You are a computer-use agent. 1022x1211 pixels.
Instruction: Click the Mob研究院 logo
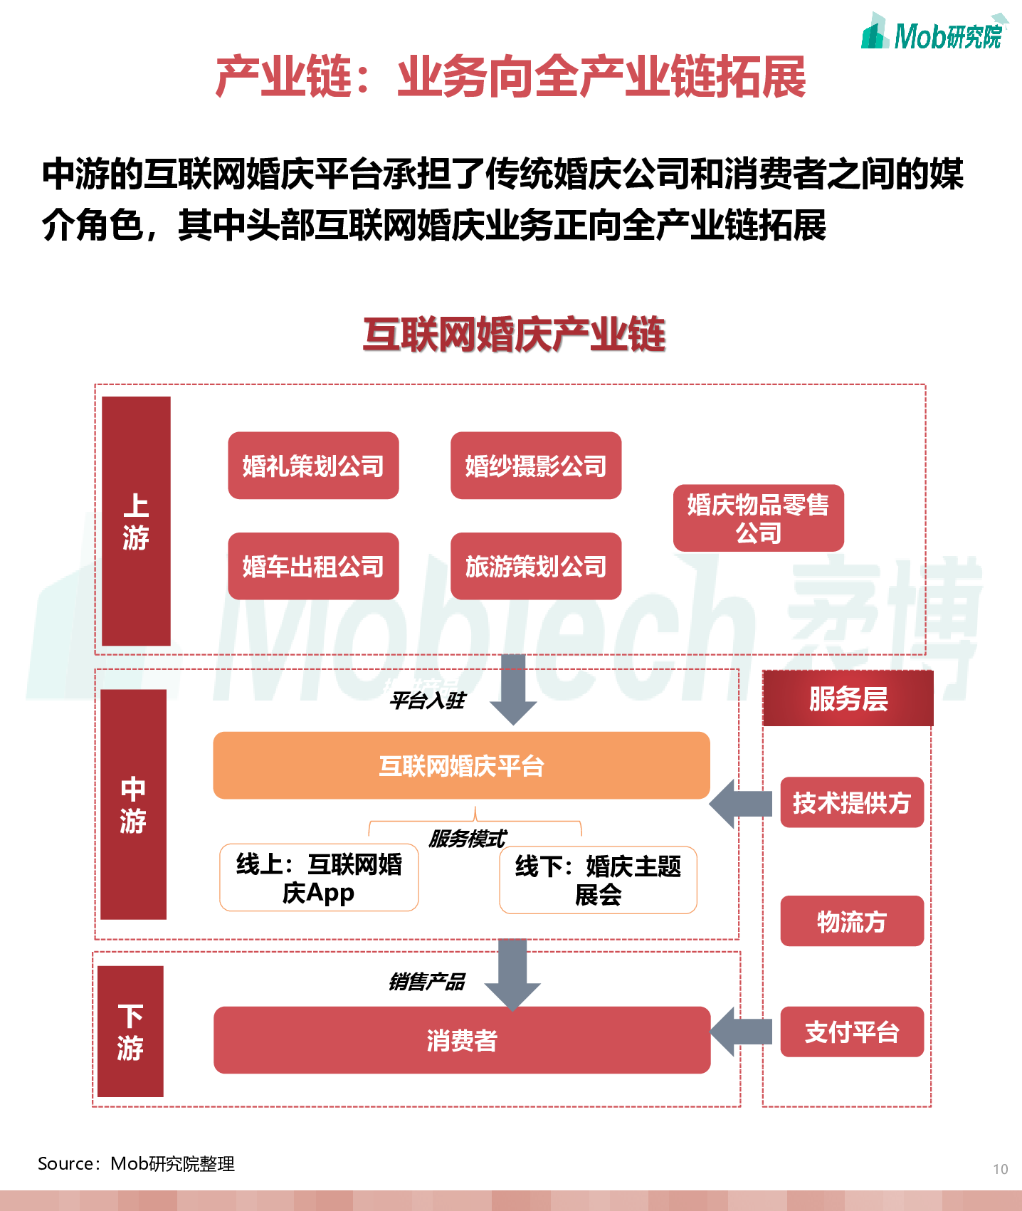tap(933, 33)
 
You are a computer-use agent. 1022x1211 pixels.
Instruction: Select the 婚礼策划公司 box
tap(313, 466)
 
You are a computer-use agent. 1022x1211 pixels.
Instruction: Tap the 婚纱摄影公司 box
tap(536, 466)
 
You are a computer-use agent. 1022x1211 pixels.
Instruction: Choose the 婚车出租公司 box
tap(313, 566)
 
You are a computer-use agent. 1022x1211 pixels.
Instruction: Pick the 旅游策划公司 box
tap(536, 566)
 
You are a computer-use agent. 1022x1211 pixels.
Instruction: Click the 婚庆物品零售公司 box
tap(758, 518)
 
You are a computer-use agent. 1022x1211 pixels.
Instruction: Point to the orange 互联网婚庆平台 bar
tap(461, 765)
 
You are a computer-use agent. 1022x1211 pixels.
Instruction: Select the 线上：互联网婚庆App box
tap(319, 878)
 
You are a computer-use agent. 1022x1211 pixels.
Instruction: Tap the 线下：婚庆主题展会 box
tap(598, 880)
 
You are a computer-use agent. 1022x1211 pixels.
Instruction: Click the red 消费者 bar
tap(461, 1040)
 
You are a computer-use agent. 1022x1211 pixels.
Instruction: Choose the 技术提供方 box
tap(852, 802)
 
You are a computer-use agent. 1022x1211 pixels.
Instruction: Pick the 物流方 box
tap(852, 921)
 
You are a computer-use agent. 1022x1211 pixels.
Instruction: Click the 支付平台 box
tap(852, 1032)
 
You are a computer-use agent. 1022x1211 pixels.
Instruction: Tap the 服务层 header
tap(848, 698)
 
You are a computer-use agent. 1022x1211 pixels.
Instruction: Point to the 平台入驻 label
tap(427, 701)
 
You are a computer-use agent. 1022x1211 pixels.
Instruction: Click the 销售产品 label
tap(427, 982)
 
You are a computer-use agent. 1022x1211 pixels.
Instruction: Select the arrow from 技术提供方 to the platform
tap(740, 804)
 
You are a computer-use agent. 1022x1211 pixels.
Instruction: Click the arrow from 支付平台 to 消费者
tap(740, 1032)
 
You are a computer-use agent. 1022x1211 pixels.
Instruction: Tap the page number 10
tap(1000, 1169)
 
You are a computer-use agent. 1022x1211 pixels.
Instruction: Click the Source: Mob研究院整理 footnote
tap(136, 1164)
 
